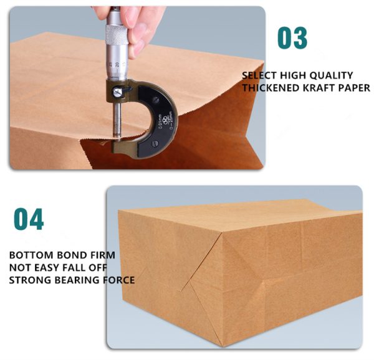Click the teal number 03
pyautogui.click(x=292, y=38)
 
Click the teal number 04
pyautogui.click(x=29, y=219)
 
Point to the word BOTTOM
pyautogui.click(x=31, y=255)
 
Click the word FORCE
pyautogui.click(x=119, y=280)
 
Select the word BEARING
pyautogui.click(x=77, y=280)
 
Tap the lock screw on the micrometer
pyautogui.click(x=117, y=92)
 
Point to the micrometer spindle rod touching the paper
pyautogui.click(x=117, y=120)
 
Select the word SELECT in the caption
pyautogui.click(x=259, y=75)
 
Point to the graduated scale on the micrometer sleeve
pyautogui.click(x=117, y=68)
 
